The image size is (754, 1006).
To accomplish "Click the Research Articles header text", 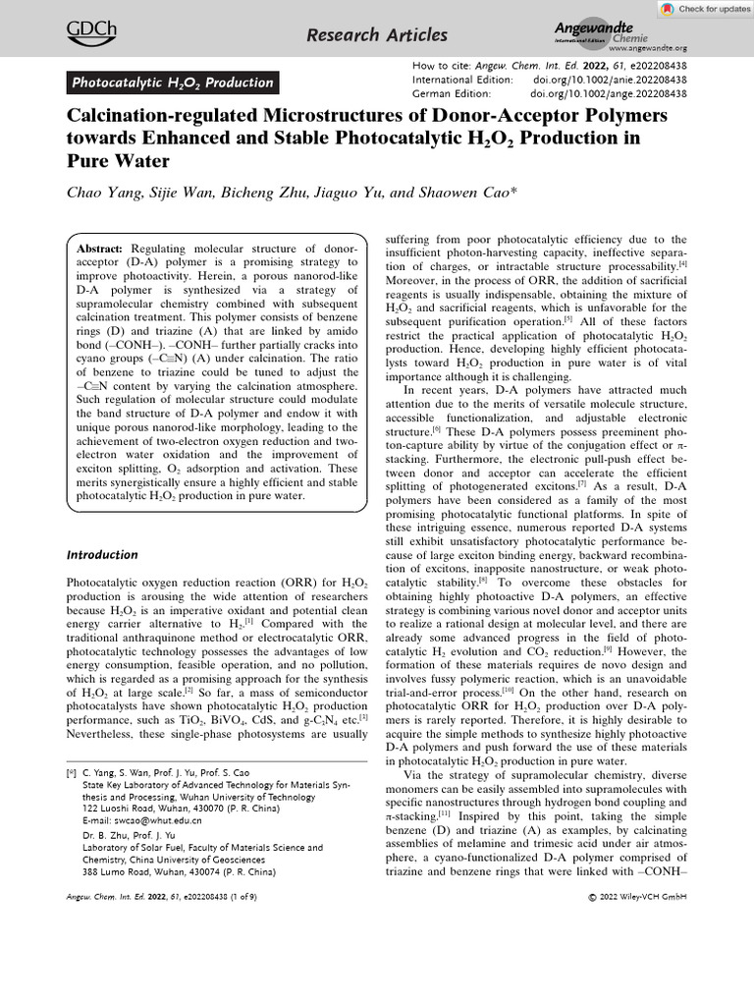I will point(377,36).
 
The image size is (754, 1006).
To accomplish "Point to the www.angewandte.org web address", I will point(647,47).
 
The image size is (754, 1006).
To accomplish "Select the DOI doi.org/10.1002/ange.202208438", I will point(608,93).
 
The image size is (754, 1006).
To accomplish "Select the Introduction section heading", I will point(103,554).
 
